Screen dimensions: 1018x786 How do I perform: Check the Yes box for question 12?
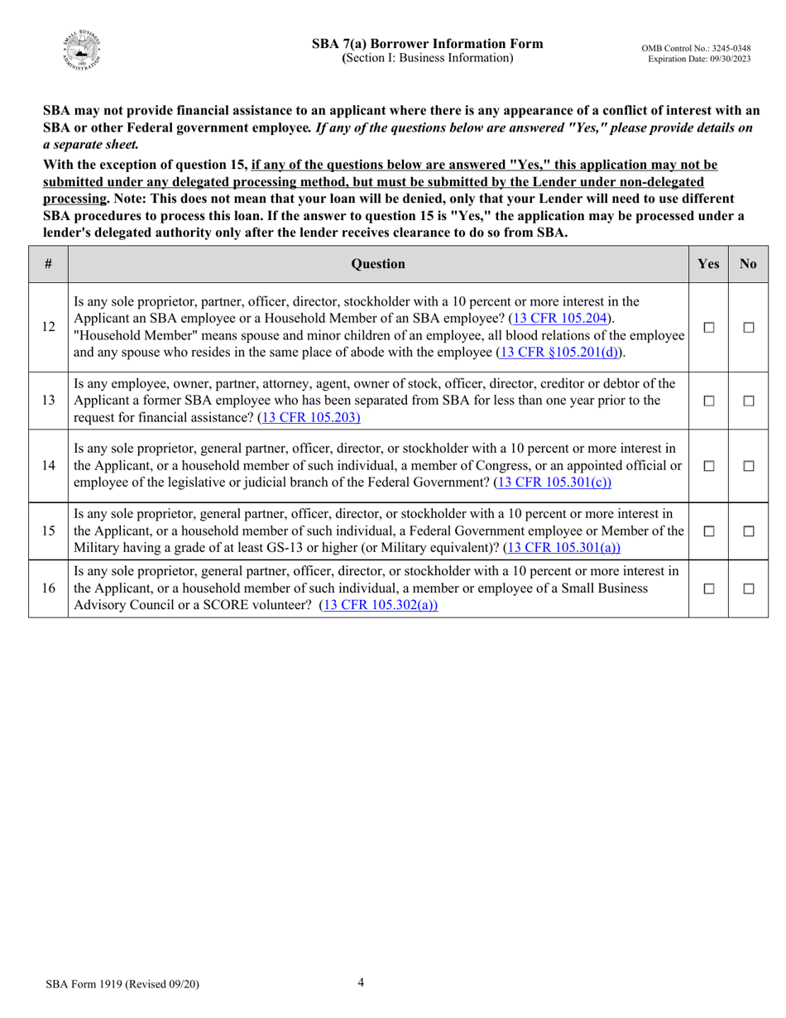point(709,327)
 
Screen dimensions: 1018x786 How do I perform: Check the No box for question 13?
point(749,401)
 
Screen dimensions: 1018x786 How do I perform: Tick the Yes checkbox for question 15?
point(709,531)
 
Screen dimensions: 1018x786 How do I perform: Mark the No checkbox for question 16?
point(749,588)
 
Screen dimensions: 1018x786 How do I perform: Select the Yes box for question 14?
point(709,466)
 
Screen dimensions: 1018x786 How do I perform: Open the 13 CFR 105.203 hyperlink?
point(310,417)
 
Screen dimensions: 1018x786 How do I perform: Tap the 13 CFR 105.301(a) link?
point(562,547)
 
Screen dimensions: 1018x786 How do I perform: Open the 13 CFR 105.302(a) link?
point(378,604)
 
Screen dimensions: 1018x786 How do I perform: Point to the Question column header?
point(378,264)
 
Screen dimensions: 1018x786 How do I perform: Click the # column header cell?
point(49,264)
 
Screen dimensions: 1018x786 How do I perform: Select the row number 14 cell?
point(49,466)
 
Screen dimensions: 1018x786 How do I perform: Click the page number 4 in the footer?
point(361,982)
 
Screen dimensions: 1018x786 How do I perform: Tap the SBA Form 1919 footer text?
point(122,984)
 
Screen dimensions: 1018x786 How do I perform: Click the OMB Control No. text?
point(696,49)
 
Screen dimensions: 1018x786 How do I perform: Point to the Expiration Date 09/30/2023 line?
point(699,60)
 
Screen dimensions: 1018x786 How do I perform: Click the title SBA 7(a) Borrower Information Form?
point(427,44)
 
